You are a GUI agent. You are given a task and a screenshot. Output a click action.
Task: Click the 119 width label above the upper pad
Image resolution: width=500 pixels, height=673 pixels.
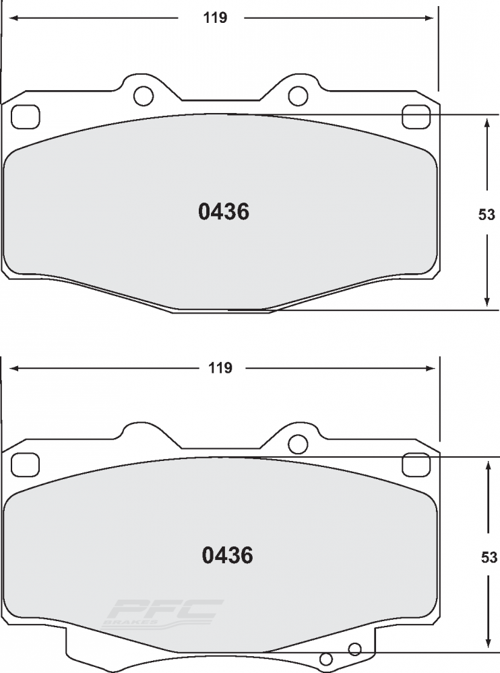[215, 17]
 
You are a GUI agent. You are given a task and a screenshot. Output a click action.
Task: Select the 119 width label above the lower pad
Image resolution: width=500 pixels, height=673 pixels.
[220, 368]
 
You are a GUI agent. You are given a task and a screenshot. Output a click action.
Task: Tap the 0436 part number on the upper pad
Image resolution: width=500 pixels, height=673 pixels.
[224, 211]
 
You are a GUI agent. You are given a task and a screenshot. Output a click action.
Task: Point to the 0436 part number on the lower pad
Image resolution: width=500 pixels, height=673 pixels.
[228, 555]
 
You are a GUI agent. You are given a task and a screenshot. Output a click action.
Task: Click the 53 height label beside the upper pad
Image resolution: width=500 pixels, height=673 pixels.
[487, 214]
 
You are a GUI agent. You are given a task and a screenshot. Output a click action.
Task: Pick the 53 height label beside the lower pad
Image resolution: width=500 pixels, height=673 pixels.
[489, 557]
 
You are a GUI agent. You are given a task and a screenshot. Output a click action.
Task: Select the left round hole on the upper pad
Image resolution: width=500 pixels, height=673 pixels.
[144, 96]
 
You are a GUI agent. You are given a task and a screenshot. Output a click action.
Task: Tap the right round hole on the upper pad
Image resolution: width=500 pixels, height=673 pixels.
[298, 96]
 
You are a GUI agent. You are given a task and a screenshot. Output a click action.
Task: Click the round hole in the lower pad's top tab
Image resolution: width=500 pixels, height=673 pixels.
[298, 444]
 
